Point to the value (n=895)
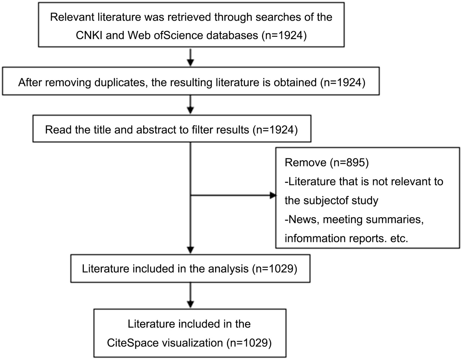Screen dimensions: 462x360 click(349, 163)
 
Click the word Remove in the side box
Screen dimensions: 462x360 click(305, 163)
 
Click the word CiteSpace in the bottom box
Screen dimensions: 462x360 click(133, 343)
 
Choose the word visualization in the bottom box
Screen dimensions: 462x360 click(192, 343)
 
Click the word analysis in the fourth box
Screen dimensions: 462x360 click(228, 269)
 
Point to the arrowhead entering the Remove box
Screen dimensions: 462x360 click(273, 195)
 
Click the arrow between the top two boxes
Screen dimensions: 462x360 click(190, 58)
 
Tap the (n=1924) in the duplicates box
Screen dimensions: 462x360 click(342, 83)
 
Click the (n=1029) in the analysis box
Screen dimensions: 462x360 click(275, 269)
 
